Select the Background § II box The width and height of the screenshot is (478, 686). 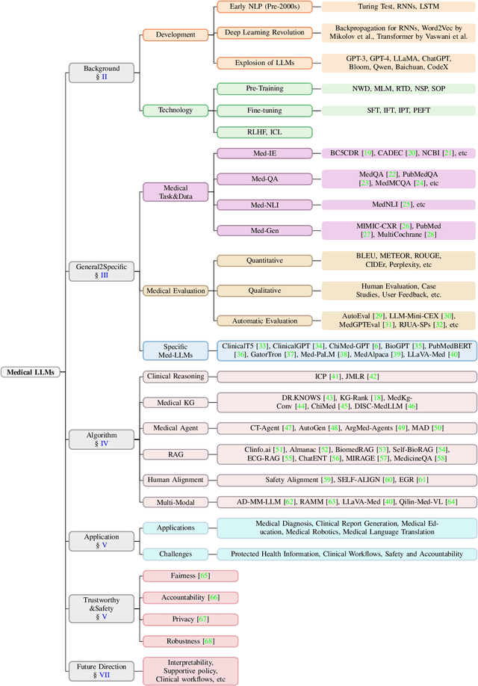(94, 72)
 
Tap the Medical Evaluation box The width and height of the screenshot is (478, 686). (175, 290)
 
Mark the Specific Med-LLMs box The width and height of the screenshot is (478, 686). (175, 350)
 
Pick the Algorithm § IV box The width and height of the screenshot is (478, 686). (94, 439)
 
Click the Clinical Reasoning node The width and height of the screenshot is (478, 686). (175, 377)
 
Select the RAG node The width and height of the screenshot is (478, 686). (175, 454)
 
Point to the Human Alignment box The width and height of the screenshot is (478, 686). (176, 479)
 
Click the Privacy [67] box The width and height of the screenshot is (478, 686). (190, 619)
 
